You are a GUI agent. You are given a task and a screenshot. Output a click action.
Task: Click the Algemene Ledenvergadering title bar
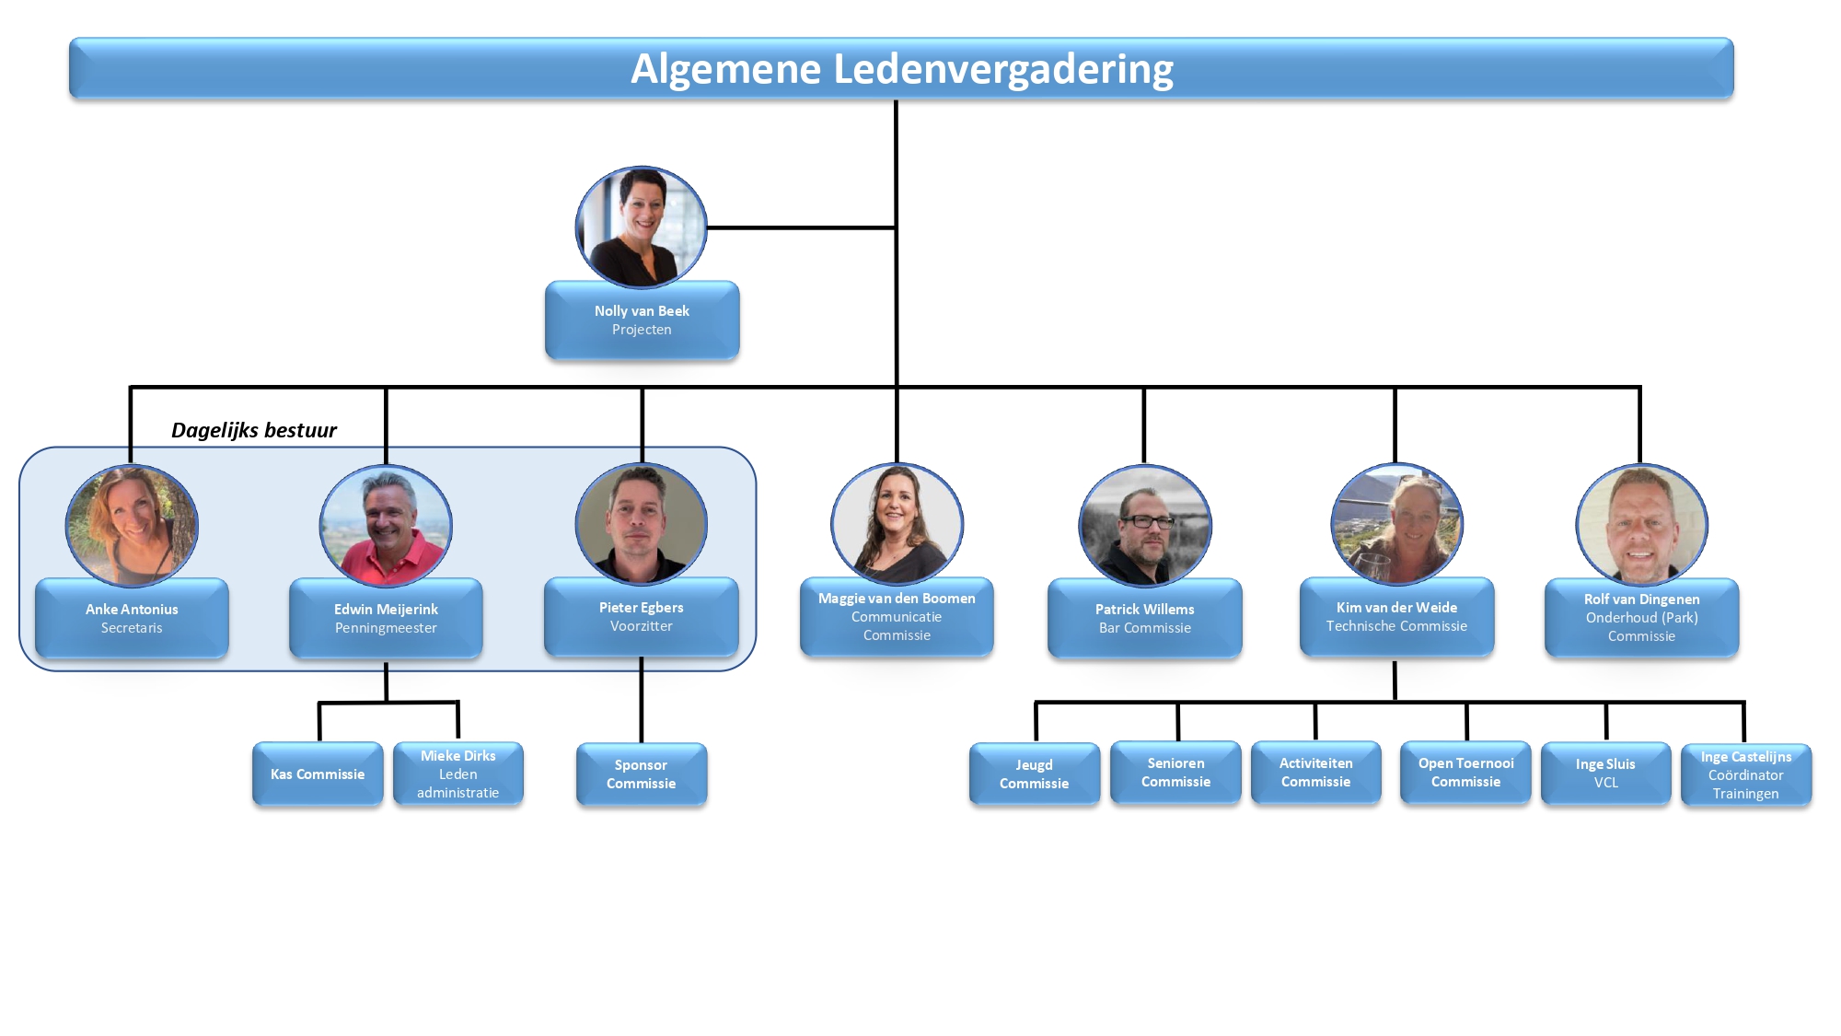click(x=901, y=68)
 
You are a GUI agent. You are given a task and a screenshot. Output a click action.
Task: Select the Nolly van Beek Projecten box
click(x=642, y=320)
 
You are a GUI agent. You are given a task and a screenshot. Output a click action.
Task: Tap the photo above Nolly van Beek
click(x=642, y=227)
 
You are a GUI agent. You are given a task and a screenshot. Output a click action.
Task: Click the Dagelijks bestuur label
click(x=254, y=430)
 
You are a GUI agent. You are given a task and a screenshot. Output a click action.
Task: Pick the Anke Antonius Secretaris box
click(x=132, y=618)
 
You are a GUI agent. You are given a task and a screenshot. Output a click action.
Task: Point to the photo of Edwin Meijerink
click(x=386, y=525)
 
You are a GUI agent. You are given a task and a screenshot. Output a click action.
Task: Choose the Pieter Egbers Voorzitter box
click(x=642, y=617)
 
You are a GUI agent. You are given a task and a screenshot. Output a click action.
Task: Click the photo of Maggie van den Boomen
click(x=897, y=524)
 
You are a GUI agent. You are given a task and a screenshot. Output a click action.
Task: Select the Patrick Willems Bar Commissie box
click(x=1144, y=618)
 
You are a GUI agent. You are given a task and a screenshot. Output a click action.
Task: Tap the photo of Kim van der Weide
click(x=1396, y=524)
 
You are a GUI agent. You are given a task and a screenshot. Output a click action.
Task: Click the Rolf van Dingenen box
click(x=1641, y=617)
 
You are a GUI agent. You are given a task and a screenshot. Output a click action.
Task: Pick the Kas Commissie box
click(x=318, y=774)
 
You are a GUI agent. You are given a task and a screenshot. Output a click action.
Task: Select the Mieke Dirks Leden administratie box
click(x=457, y=774)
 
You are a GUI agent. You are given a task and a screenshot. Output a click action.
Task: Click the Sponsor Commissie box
click(x=642, y=774)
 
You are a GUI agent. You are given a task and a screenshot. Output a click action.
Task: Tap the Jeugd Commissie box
click(x=1035, y=774)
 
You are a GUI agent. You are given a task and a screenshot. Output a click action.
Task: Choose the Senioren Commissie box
click(x=1175, y=773)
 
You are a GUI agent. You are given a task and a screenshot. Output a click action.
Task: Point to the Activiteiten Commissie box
click(x=1316, y=773)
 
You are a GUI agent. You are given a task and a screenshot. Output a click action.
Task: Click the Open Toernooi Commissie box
click(x=1465, y=773)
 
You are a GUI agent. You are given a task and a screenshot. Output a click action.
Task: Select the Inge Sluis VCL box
click(x=1605, y=774)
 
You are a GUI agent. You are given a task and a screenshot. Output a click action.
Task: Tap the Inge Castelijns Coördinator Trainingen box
click(x=1745, y=775)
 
